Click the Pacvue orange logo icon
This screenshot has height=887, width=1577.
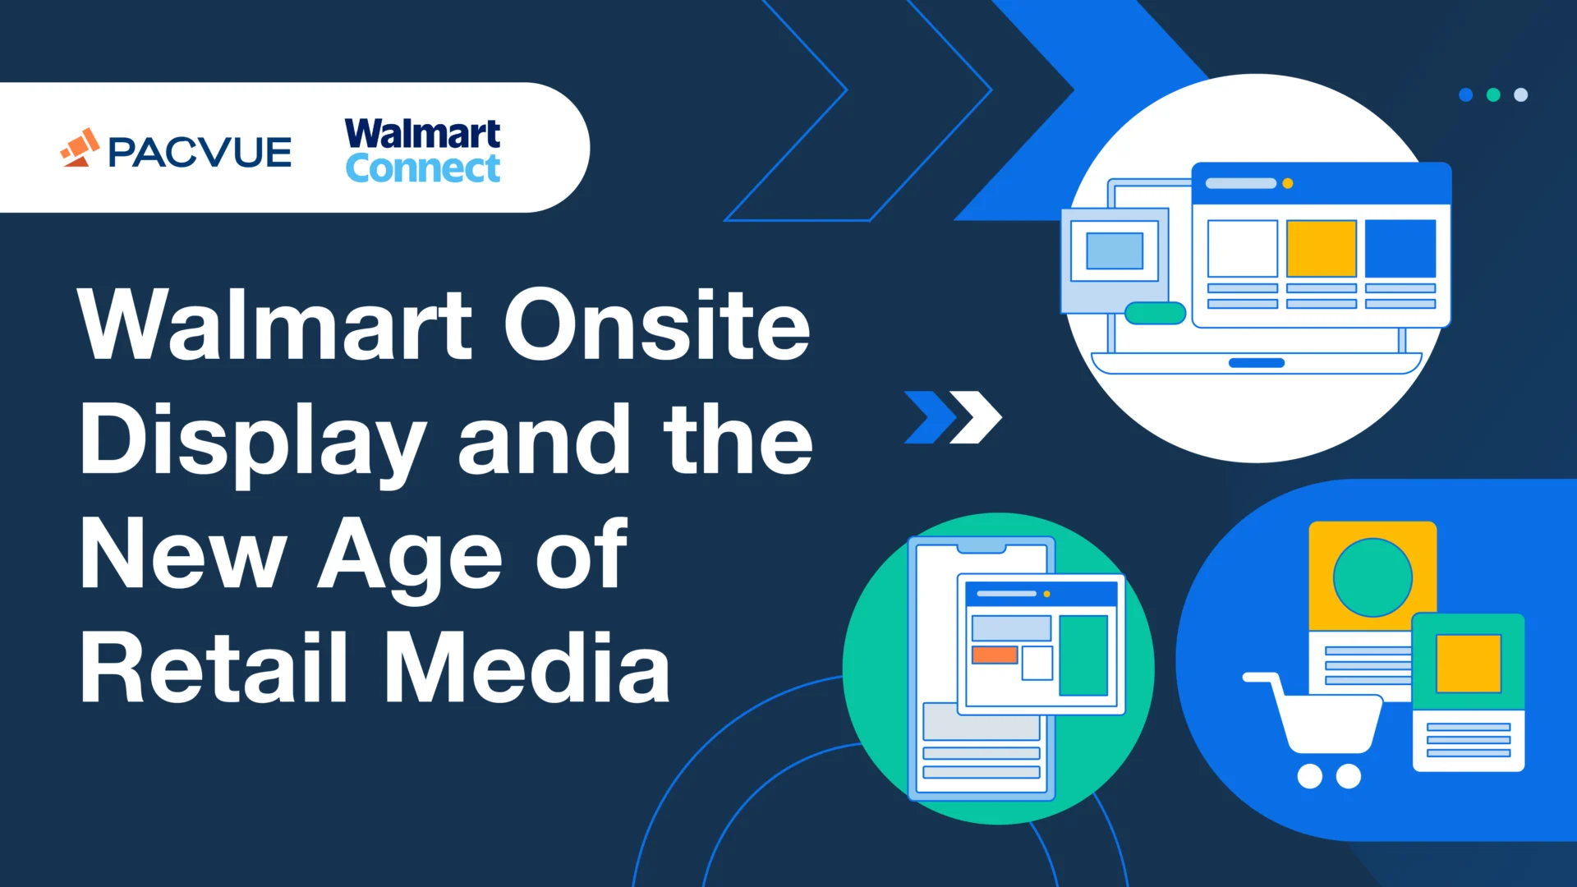pyautogui.click(x=80, y=148)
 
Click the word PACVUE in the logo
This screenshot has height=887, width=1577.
pyautogui.click(x=200, y=153)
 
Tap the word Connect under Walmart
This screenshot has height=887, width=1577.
pyautogui.click(x=422, y=169)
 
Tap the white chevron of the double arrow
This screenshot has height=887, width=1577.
pyautogui.click(x=977, y=417)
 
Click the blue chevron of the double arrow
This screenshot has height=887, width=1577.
pyautogui.click(x=930, y=417)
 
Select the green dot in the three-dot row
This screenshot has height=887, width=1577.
pyautogui.click(x=1493, y=95)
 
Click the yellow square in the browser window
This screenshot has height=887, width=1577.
pyautogui.click(x=1321, y=249)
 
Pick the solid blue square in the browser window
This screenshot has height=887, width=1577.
pyautogui.click(x=1400, y=249)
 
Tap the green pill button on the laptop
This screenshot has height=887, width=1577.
pyautogui.click(x=1155, y=313)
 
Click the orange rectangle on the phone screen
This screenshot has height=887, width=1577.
pyautogui.click(x=995, y=655)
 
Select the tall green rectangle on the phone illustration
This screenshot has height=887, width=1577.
pyautogui.click(x=1083, y=655)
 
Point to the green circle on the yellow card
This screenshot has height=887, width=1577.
pyautogui.click(x=1372, y=577)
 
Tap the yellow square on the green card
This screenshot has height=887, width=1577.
pyautogui.click(x=1468, y=664)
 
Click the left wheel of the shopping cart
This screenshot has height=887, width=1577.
pyautogui.click(x=1309, y=776)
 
